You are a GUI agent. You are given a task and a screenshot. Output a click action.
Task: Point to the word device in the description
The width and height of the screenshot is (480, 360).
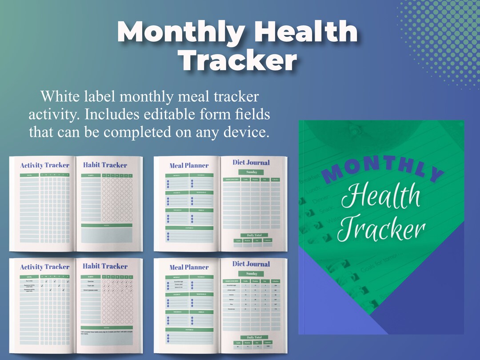(x=246, y=132)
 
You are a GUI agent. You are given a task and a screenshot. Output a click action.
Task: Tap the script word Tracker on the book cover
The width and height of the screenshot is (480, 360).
(x=381, y=229)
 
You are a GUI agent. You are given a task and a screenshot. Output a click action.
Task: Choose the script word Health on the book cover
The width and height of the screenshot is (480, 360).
(x=381, y=198)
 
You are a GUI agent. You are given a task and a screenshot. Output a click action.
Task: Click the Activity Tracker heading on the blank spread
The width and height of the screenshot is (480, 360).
(x=44, y=165)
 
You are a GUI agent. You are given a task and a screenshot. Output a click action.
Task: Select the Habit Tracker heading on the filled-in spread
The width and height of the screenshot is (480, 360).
(x=105, y=266)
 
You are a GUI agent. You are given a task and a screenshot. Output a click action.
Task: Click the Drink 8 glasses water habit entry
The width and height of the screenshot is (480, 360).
(x=91, y=290)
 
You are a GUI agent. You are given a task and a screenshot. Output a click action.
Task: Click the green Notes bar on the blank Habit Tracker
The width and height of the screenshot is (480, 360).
(x=106, y=225)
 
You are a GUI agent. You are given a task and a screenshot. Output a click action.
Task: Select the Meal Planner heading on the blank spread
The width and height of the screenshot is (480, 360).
(x=189, y=166)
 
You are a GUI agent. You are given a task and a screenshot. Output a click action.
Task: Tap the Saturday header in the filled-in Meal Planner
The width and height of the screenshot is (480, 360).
(x=189, y=329)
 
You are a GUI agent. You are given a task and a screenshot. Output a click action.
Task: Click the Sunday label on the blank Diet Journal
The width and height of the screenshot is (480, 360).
(x=251, y=172)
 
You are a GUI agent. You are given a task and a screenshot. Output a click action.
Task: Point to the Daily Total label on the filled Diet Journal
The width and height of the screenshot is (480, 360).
(x=251, y=337)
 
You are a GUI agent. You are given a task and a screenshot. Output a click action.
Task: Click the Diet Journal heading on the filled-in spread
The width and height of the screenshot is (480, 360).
(x=251, y=264)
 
